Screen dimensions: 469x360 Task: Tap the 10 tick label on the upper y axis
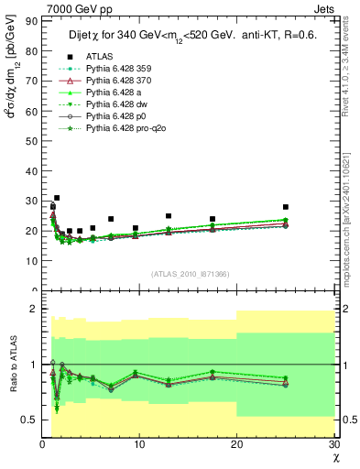(x=32, y=260)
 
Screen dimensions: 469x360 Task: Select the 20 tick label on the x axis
(x=236, y=444)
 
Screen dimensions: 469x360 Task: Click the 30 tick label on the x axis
(x=333, y=444)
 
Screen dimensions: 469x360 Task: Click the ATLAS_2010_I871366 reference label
(x=190, y=274)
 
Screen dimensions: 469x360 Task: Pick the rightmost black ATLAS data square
(x=286, y=207)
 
